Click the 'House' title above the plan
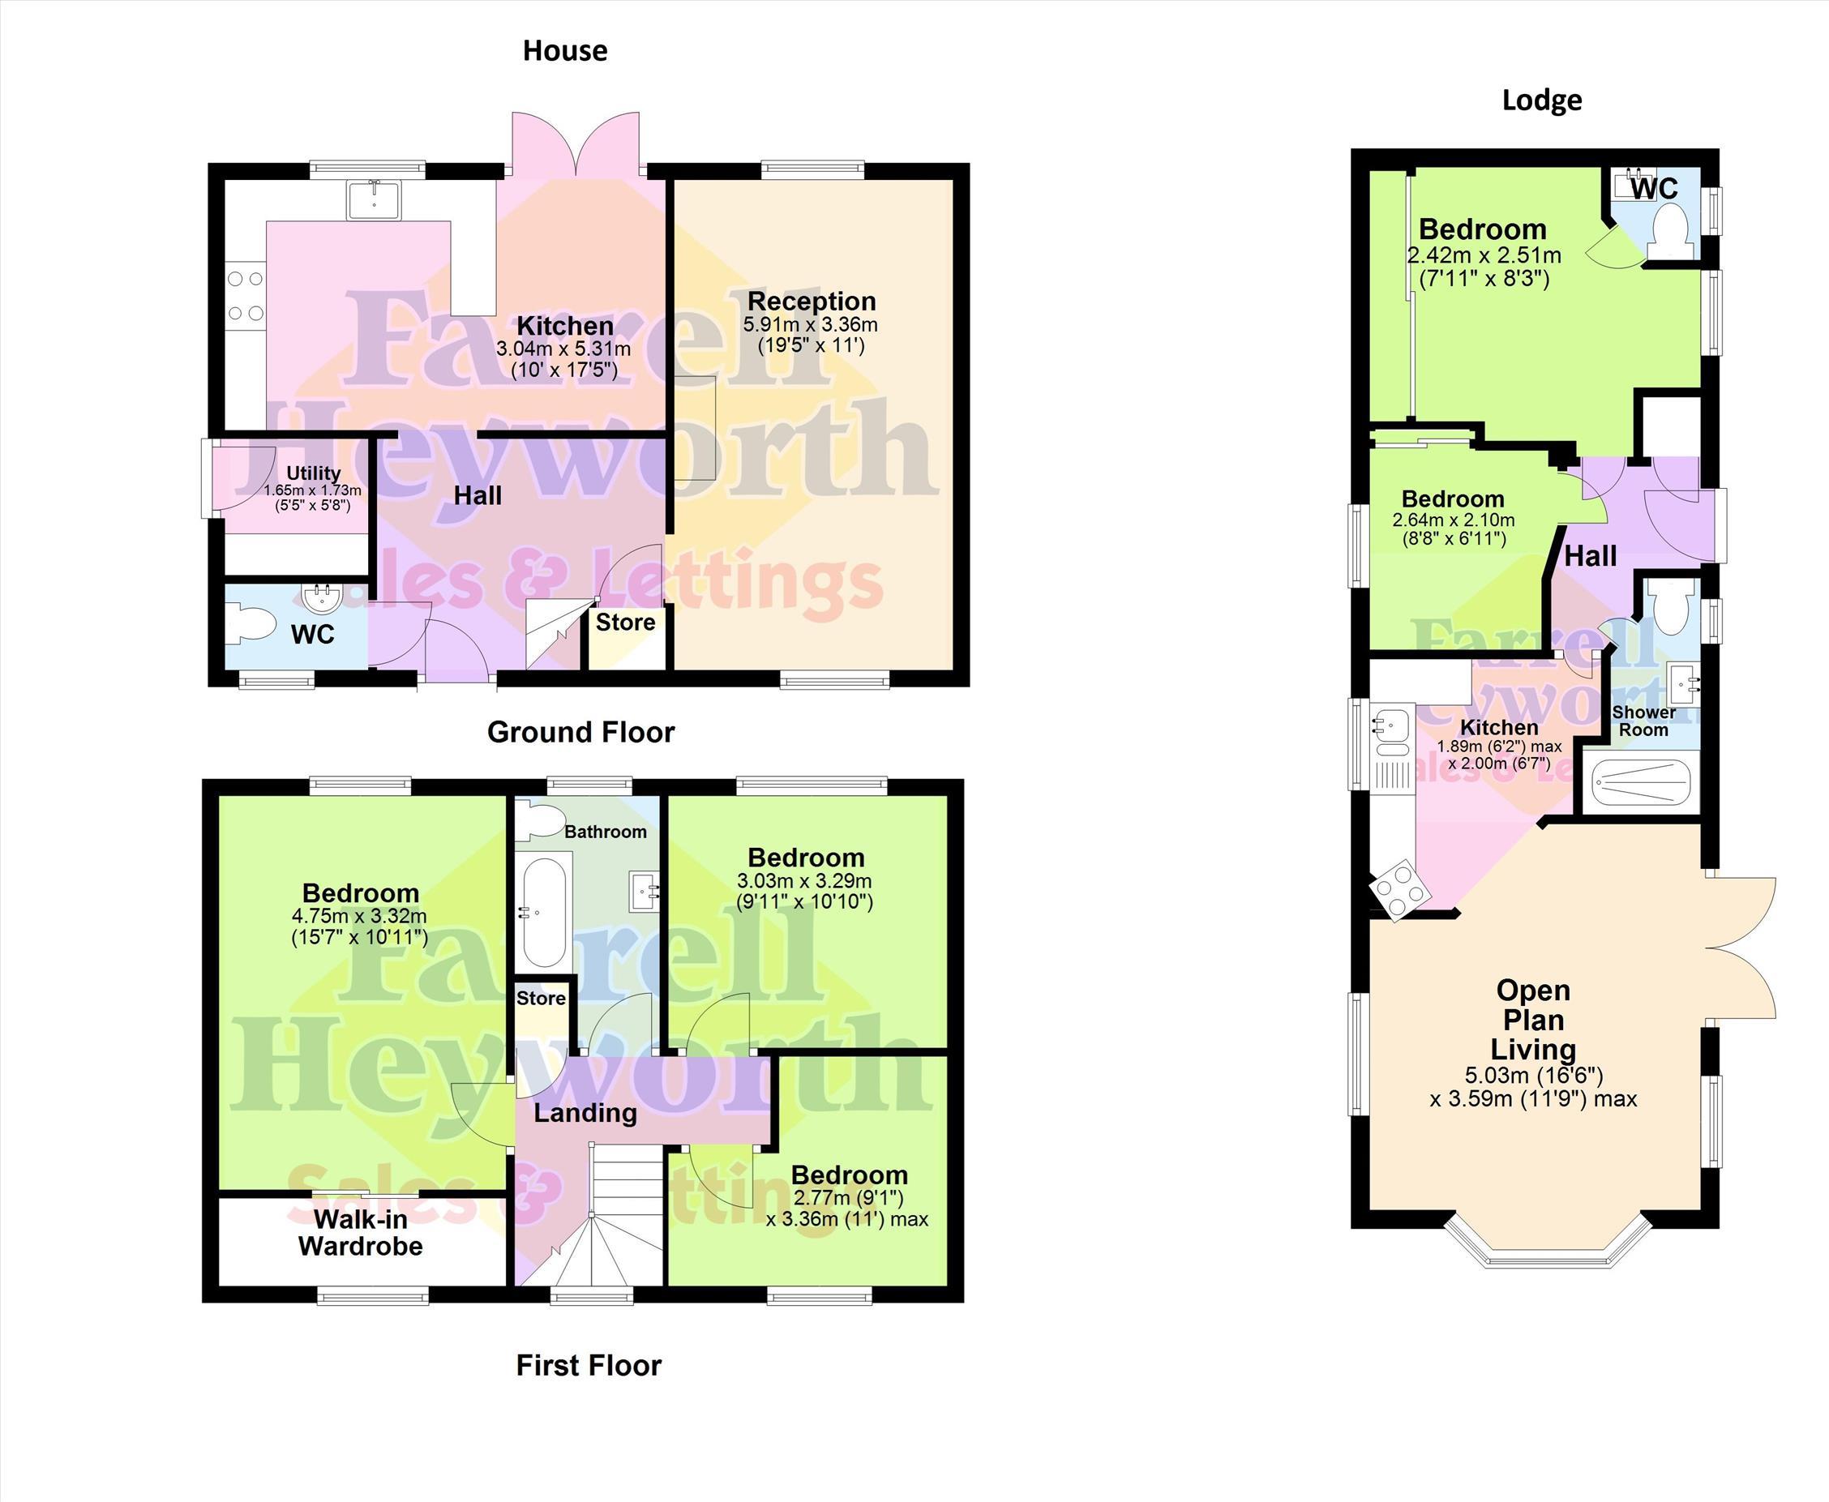tap(565, 51)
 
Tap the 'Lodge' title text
tap(1542, 101)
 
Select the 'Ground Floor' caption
tap(580, 732)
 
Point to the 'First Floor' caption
tap(589, 1365)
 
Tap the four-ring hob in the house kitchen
tap(245, 296)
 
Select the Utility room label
tap(313, 473)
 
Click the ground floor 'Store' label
tap(626, 622)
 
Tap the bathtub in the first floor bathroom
tap(542, 912)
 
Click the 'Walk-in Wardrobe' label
tap(361, 1233)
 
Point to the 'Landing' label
tap(585, 1113)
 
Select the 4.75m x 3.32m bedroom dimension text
tap(359, 916)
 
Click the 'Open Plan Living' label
tap(1533, 1019)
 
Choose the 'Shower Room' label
tap(1644, 721)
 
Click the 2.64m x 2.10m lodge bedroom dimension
tap(1454, 520)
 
